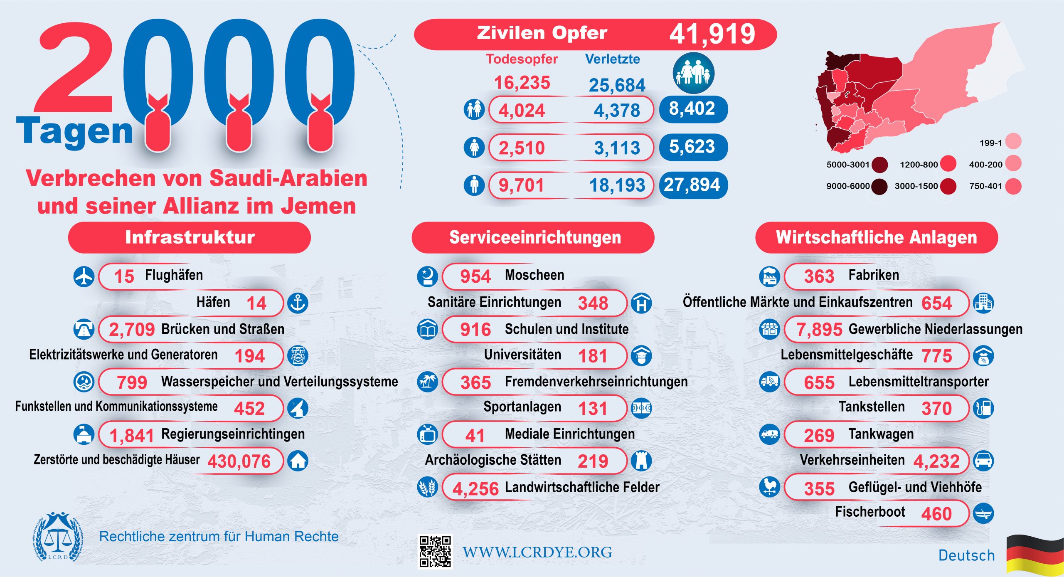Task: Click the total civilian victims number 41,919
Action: coord(712,34)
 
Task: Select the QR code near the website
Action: coord(435,552)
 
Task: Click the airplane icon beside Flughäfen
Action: coord(84,276)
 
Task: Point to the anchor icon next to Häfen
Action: coord(298,303)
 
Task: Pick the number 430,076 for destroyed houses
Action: coord(239,461)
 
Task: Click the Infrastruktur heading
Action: coord(190,237)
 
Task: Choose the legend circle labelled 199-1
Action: coord(1013,141)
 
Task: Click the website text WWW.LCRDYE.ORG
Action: coord(537,552)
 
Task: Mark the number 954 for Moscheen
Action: coord(475,276)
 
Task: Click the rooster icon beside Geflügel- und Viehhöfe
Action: coord(769,487)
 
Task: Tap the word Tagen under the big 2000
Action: coord(75,131)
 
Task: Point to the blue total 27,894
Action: coord(692,185)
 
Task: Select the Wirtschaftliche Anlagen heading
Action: coord(876,237)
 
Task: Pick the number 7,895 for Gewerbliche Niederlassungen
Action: coord(819,330)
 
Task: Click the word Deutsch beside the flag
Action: coord(966,555)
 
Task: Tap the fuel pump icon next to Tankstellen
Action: coord(983,408)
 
